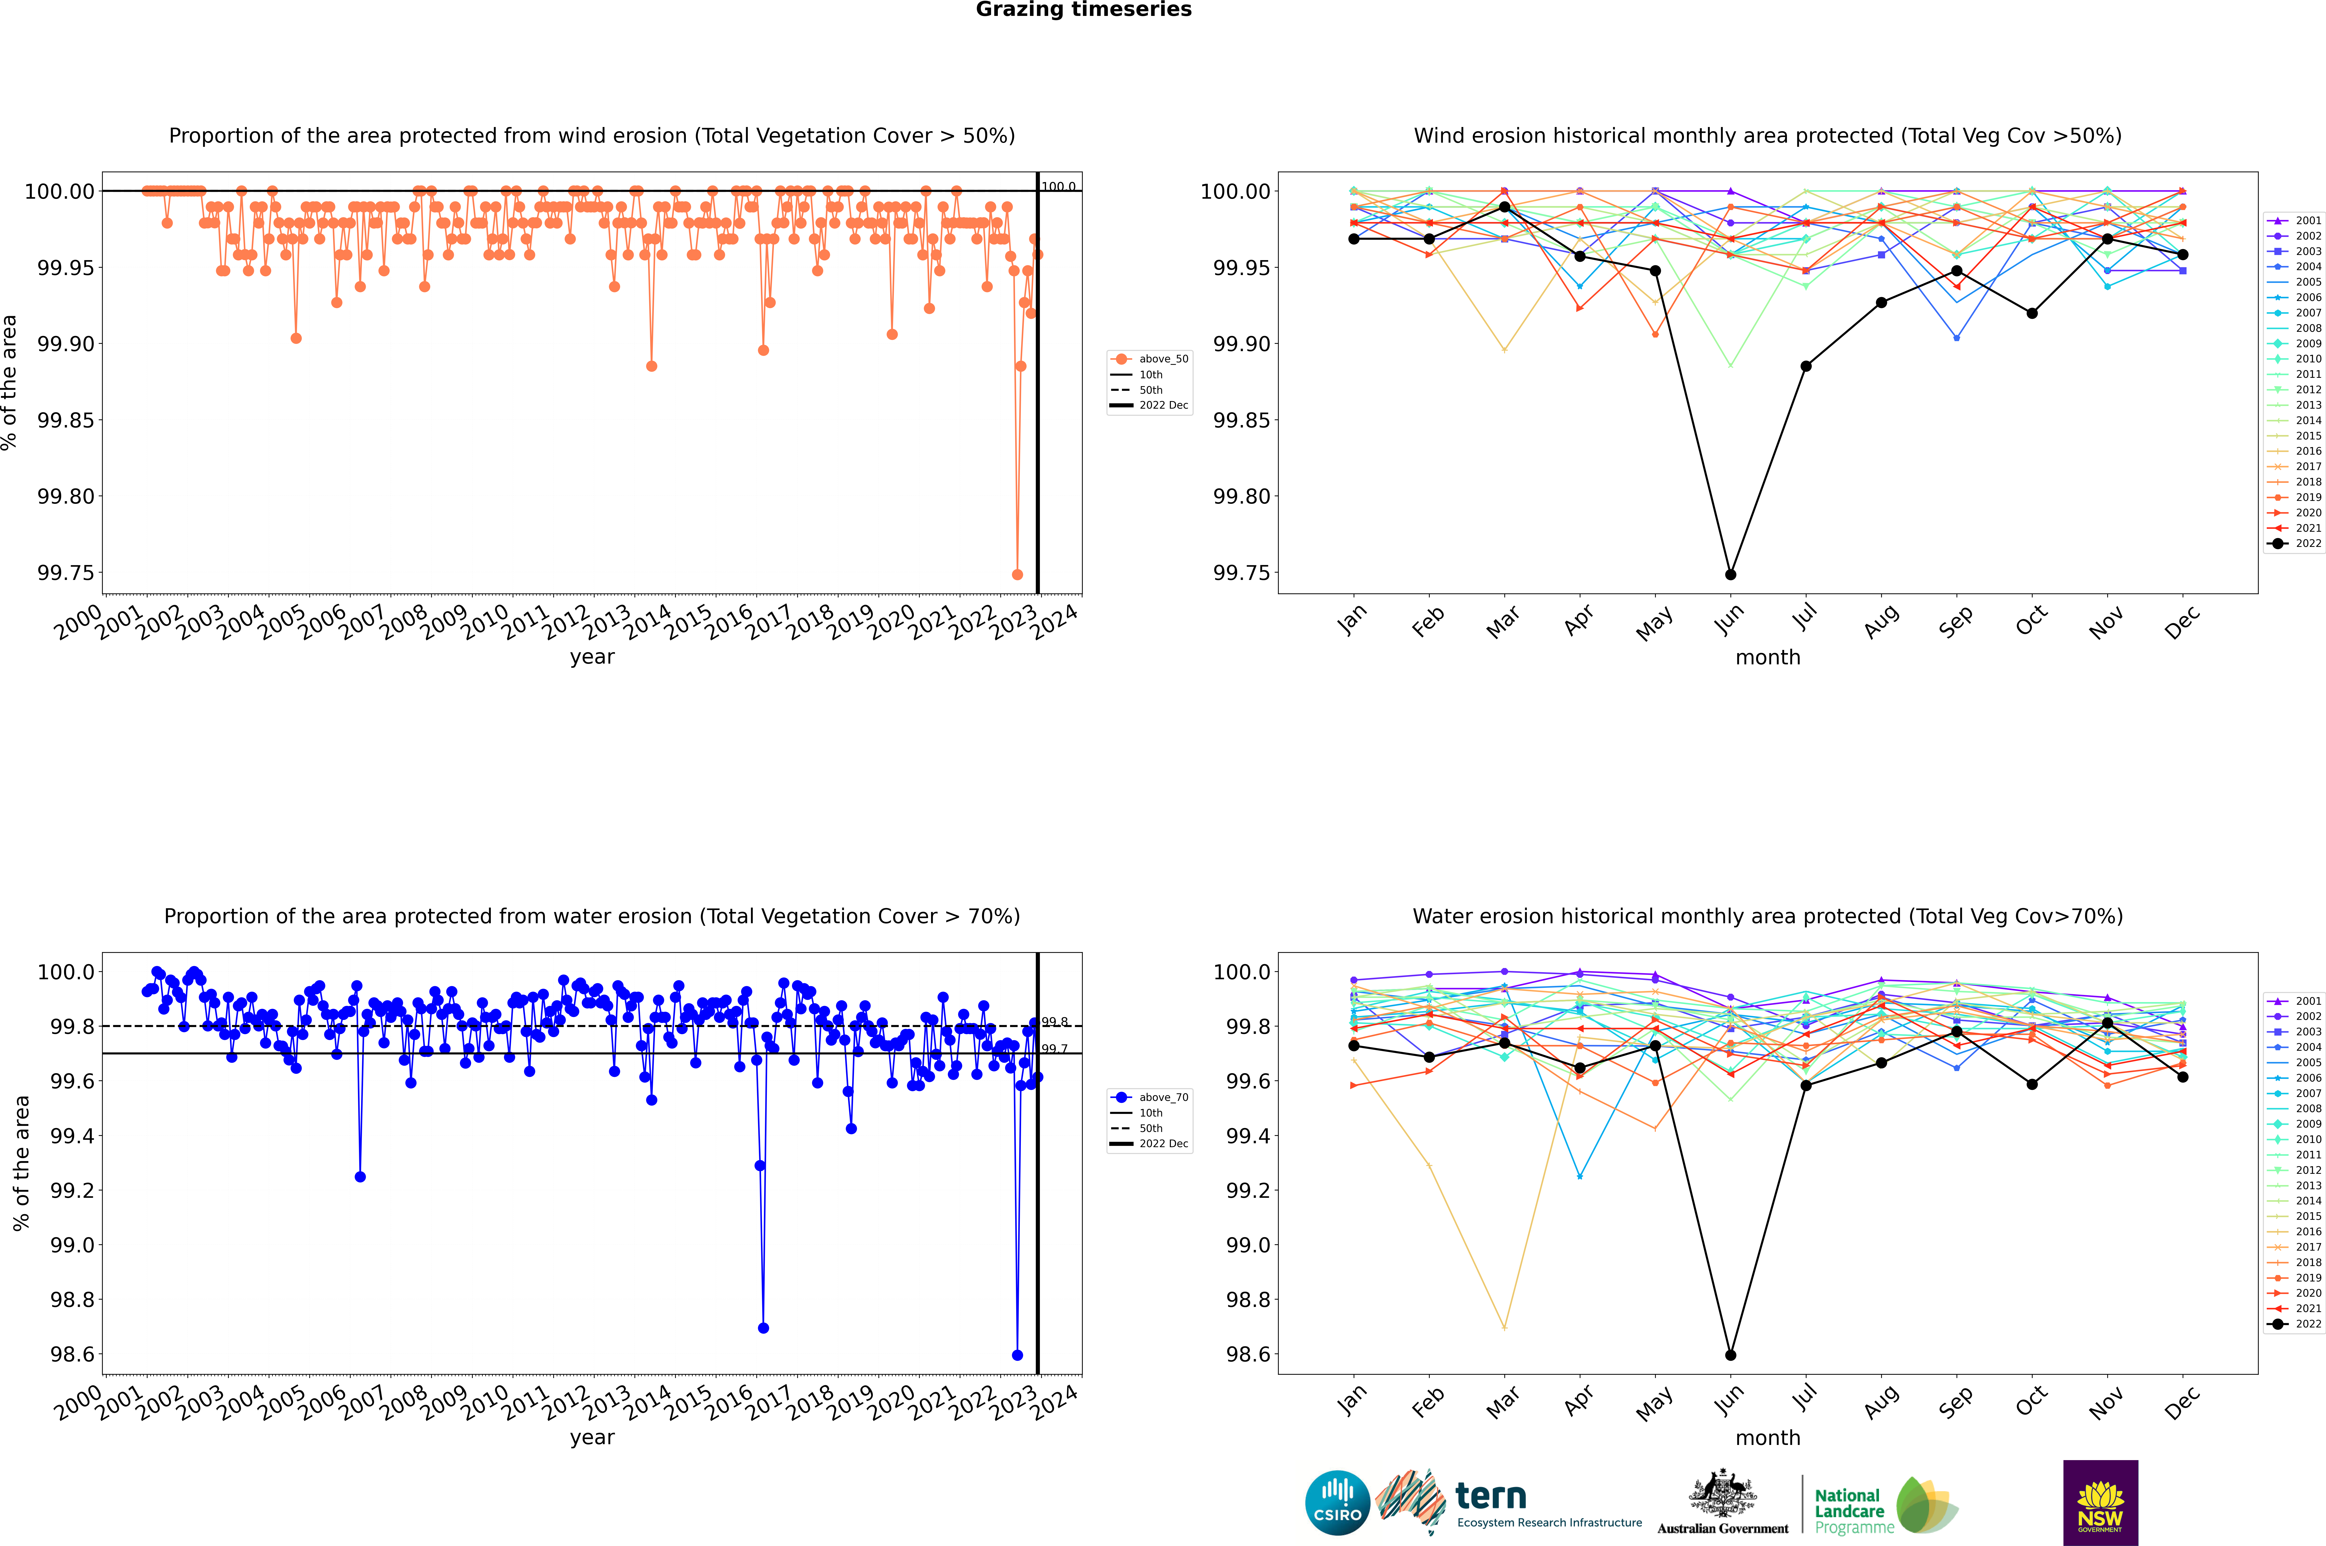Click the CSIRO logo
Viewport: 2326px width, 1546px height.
(x=1337, y=1503)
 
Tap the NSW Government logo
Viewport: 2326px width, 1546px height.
(x=2100, y=1503)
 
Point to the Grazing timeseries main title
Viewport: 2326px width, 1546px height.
(x=1084, y=10)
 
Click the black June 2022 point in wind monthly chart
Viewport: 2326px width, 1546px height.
(x=1730, y=574)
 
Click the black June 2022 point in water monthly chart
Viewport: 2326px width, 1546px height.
(x=1730, y=1355)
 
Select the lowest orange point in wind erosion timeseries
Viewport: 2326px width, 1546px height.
(x=1018, y=574)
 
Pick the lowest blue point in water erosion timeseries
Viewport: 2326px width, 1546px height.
(x=1018, y=1355)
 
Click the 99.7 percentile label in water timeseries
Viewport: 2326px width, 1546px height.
(x=1055, y=1049)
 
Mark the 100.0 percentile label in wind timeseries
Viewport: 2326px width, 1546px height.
(x=1059, y=186)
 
